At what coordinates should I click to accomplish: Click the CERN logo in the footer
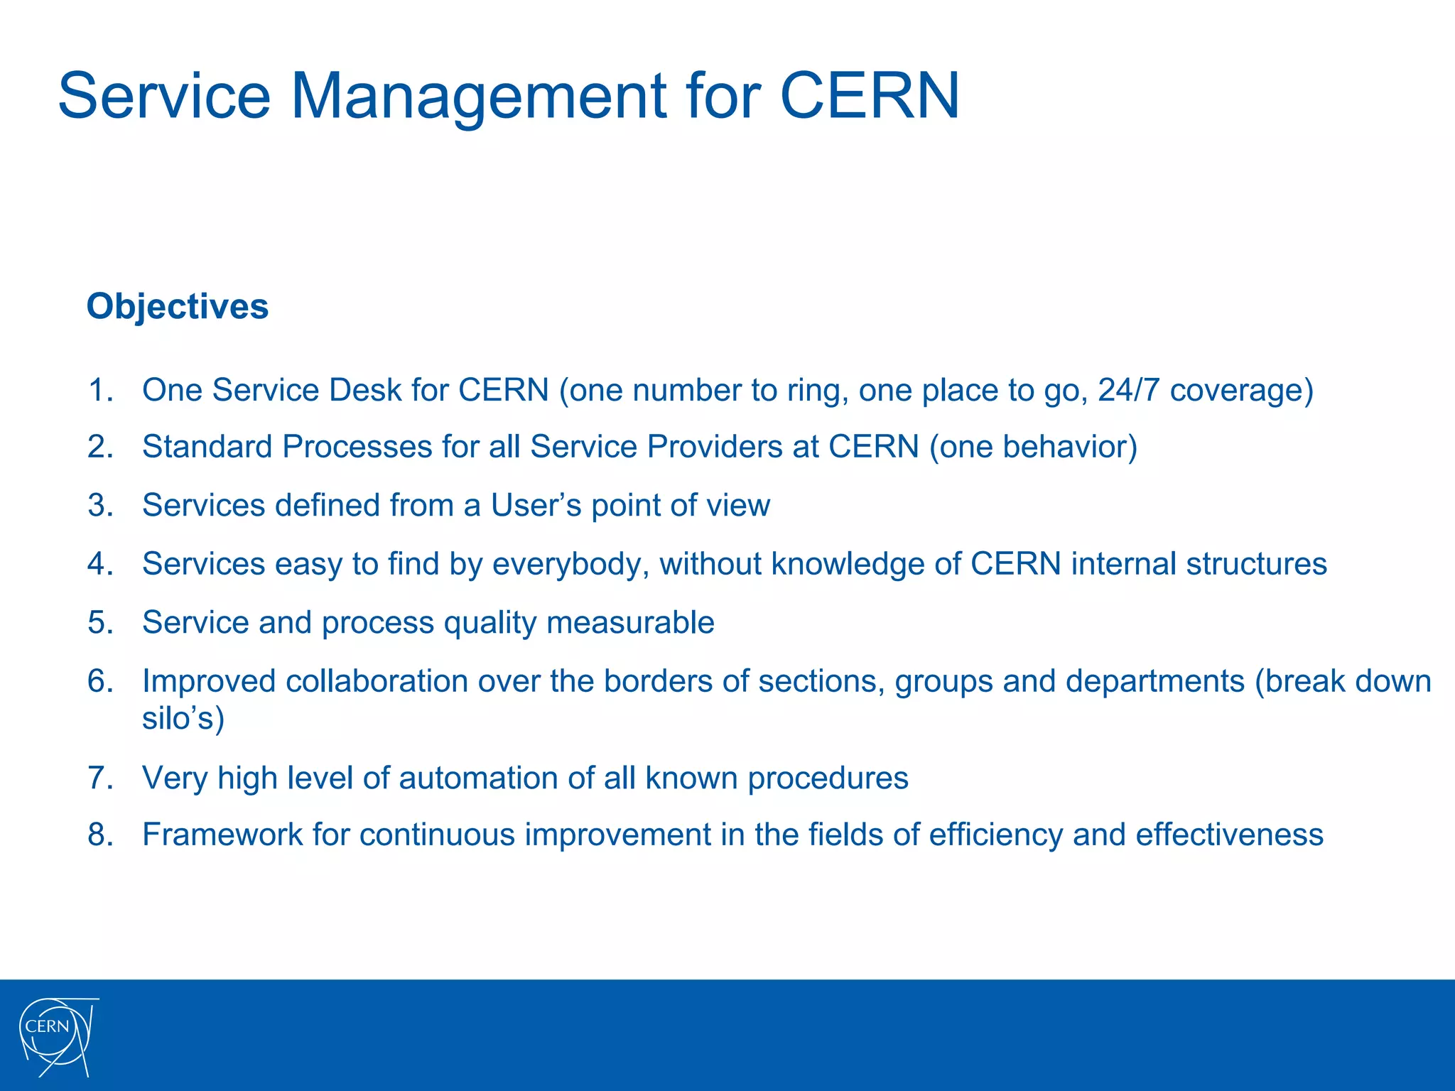point(57,1036)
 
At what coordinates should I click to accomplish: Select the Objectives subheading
point(178,307)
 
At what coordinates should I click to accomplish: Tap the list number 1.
point(100,390)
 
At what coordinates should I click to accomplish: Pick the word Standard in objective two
point(207,447)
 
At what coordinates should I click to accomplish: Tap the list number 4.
point(100,564)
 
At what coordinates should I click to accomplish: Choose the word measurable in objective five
point(630,623)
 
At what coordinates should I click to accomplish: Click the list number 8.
point(100,835)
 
